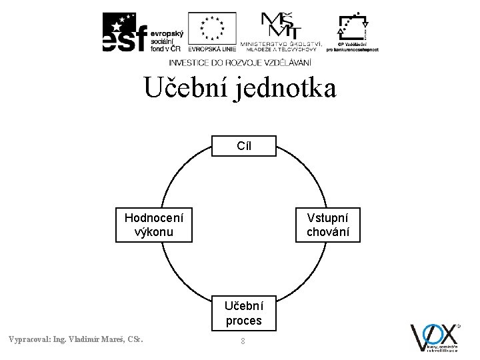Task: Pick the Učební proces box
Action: (x=244, y=313)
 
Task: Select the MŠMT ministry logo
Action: (x=281, y=30)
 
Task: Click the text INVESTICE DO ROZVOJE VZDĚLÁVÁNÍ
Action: (x=239, y=62)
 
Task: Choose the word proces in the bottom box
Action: (x=244, y=321)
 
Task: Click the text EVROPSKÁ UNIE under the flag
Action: (x=212, y=49)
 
